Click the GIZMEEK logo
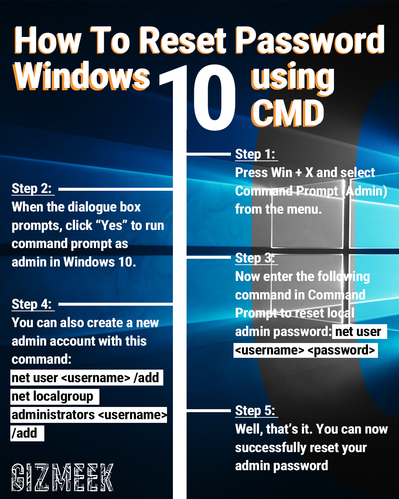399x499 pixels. (62, 478)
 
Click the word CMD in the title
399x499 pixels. (287, 113)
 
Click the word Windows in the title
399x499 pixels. (82, 76)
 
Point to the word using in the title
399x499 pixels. (293, 78)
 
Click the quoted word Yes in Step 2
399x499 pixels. (112, 225)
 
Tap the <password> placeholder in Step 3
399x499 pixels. (341, 350)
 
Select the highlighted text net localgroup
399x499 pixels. (52, 397)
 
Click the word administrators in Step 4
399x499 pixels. (53, 415)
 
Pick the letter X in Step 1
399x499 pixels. (309, 173)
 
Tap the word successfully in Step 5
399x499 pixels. (271, 448)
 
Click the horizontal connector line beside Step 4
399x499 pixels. (116, 304)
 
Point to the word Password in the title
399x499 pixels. (310, 40)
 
